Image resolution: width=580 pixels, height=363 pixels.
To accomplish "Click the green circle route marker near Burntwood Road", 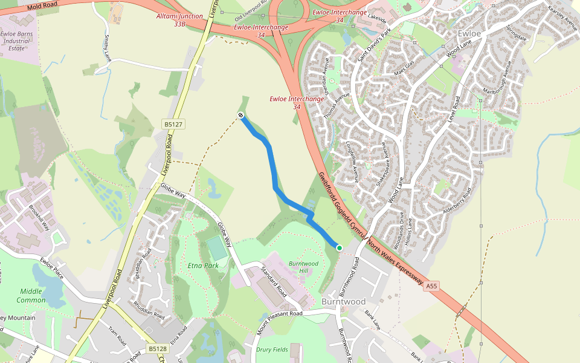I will (x=340, y=247).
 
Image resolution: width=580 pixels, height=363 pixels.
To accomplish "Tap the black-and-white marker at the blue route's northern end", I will (x=240, y=115).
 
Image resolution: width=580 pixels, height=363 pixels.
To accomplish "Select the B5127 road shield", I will (x=173, y=124).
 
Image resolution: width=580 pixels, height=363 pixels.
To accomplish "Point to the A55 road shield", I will (x=431, y=286).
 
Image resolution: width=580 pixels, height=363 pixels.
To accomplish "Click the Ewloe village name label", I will (x=469, y=33).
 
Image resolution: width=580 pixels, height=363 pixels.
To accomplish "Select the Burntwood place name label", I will (x=343, y=301).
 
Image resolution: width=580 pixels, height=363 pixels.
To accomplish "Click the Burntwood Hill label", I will (x=303, y=267).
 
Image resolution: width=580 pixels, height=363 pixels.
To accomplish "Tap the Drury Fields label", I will (x=272, y=350).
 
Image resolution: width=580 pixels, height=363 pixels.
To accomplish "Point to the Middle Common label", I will (x=32, y=295).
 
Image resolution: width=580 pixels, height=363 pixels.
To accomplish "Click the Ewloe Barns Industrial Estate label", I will (x=16, y=41).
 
